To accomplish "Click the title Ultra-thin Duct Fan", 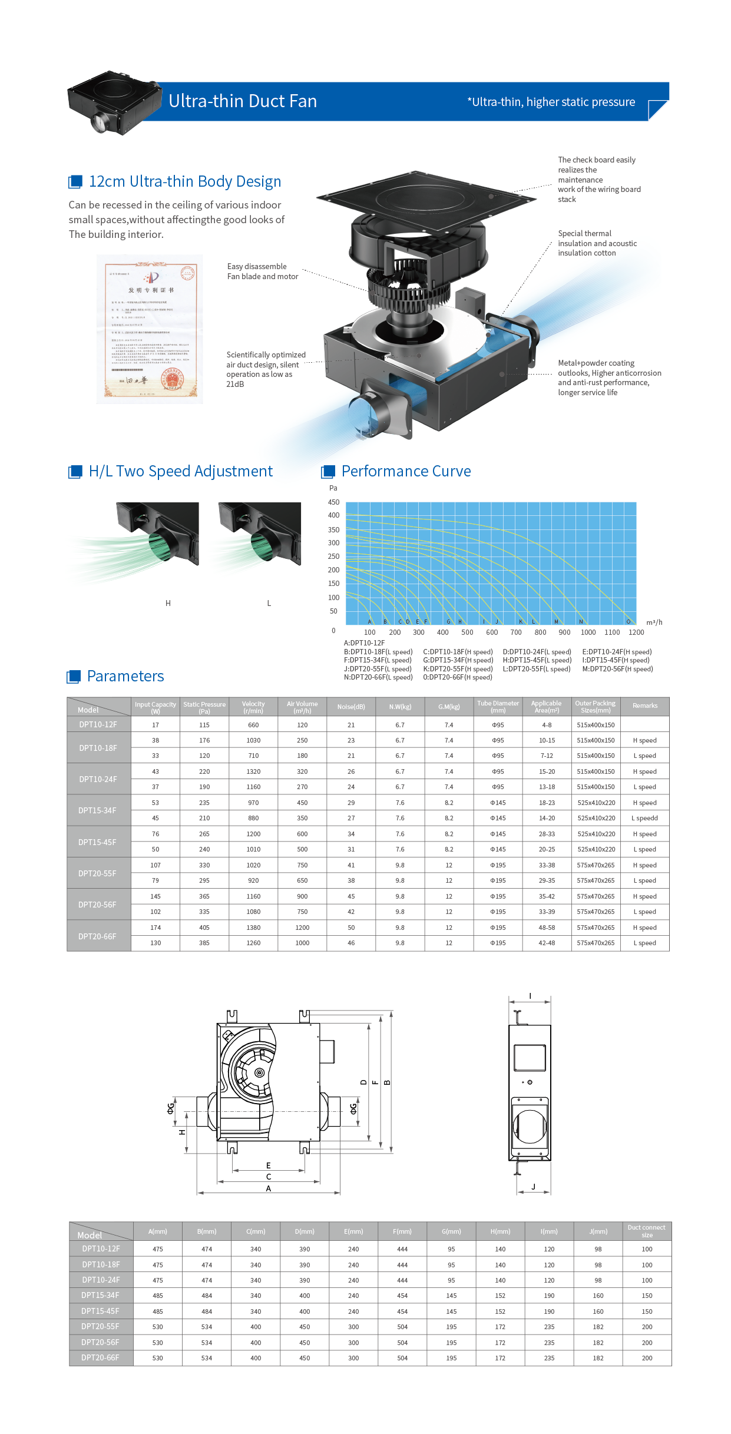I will [x=243, y=101].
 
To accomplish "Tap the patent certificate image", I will [x=150, y=329].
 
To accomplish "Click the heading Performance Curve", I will [x=406, y=471].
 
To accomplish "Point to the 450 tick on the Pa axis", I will [x=333, y=502].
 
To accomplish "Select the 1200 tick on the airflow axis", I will [x=636, y=632].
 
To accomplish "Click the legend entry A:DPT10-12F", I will [x=364, y=643].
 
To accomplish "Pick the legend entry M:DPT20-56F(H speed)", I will [x=617, y=669].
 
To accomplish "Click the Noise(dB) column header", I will [x=351, y=707].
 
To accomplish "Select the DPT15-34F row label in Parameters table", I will [x=98, y=810].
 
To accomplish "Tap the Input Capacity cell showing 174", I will [x=156, y=928].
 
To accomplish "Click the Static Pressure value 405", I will [x=204, y=928].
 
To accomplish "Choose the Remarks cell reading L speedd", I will [x=644, y=818].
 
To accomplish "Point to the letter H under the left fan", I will [x=168, y=603].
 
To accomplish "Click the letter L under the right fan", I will [x=269, y=603].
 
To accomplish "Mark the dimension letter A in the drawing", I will [x=269, y=1188].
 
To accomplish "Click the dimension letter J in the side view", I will [x=533, y=1186].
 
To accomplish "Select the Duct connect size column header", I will [x=646, y=1231].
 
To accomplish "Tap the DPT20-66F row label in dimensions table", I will [x=100, y=1357].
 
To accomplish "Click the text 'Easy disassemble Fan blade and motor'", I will [x=263, y=271].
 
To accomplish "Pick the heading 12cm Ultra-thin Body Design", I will [x=185, y=181].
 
